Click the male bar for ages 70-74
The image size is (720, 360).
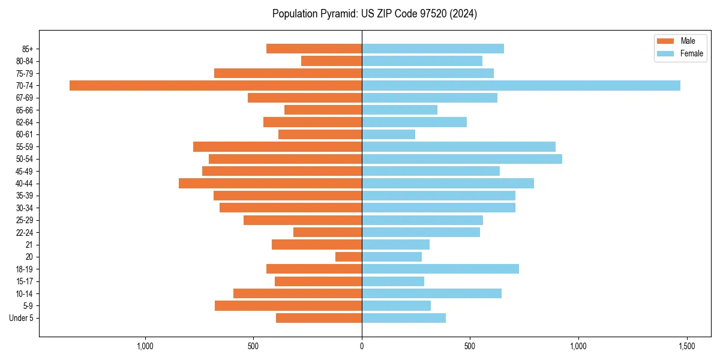(x=216, y=85)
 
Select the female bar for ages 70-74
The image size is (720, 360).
(x=521, y=85)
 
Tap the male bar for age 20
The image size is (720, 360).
(x=349, y=257)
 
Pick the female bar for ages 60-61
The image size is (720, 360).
(x=388, y=134)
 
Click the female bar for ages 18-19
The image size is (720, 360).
(x=440, y=269)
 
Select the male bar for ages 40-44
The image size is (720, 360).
(x=270, y=183)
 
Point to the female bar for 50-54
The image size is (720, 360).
(x=462, y=159)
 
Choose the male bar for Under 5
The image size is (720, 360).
(x=319, y=318)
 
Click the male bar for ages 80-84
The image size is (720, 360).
(x=331, y=61)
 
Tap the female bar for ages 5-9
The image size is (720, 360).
(x=396, y=305)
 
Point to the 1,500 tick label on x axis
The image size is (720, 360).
(x=686, y=346)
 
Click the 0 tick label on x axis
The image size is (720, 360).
(x=362, y=346)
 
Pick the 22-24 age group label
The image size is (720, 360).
(x=24, y=232)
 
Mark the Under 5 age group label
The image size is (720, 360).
(x=21, y=318)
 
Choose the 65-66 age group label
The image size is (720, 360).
(x=24, y=110)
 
